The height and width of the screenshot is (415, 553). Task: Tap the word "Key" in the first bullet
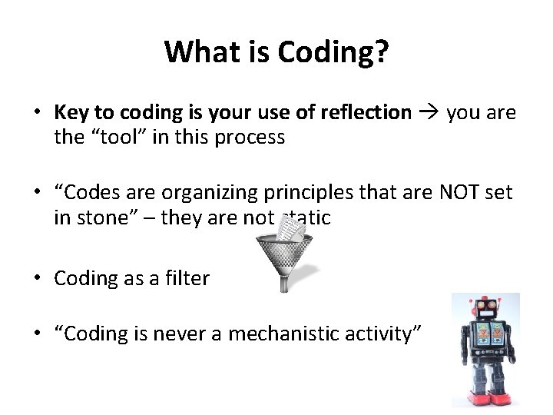[x=71, y=113]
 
